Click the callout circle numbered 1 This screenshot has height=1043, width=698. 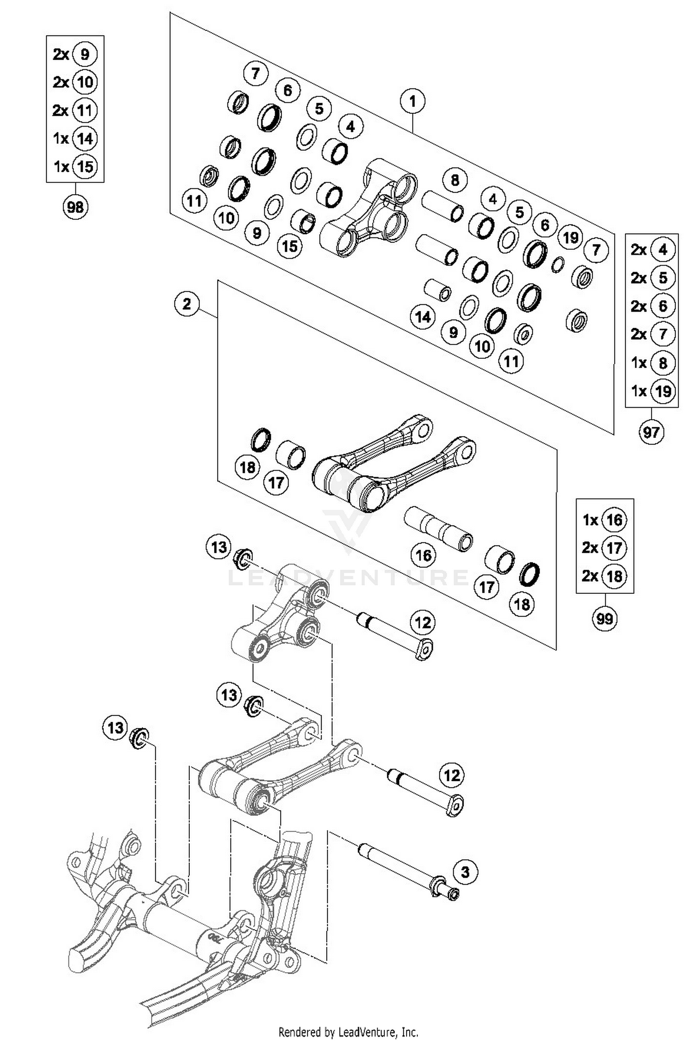tap(412, 101)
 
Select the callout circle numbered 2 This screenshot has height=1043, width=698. tap(187, 304)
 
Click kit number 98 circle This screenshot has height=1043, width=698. tap(75, 207)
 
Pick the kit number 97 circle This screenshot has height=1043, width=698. tap(651, 432)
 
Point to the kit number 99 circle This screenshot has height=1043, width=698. tap(604, 619)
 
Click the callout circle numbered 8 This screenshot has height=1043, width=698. tap(455, 180)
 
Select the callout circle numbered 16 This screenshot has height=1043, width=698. tap(423, 555)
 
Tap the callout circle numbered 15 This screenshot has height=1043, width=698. tap(289, 246)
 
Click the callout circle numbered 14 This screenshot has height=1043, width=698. tap(423, 317)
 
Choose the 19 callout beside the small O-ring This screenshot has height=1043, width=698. tap(570, 237)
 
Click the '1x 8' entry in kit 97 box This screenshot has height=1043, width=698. tap(651, 363)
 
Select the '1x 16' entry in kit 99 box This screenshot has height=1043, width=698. tap(604, 520)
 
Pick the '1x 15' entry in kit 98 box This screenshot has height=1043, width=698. tap(75, 166)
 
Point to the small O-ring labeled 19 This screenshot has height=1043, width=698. tap(557, 265)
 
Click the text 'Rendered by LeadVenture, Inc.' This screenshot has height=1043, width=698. tap(348, 1032)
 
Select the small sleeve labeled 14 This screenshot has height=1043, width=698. tap(437, 289)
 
